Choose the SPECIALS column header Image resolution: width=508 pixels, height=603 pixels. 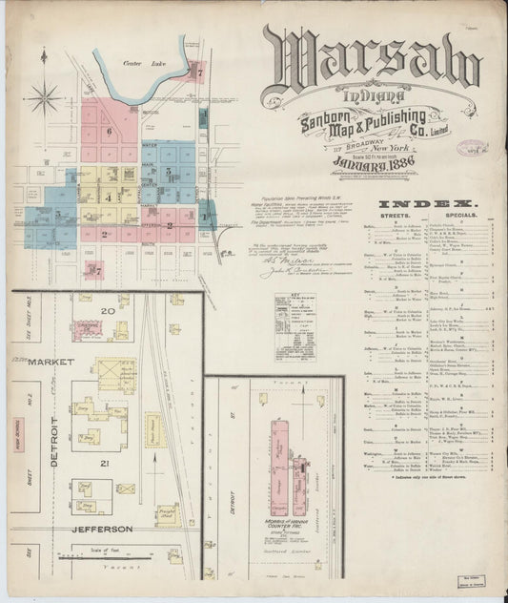[455, 216]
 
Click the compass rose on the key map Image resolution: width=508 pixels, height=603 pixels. [44, 96]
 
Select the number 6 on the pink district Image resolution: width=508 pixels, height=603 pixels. [110, 132]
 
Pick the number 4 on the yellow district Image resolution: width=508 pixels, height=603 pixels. [108, 197]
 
